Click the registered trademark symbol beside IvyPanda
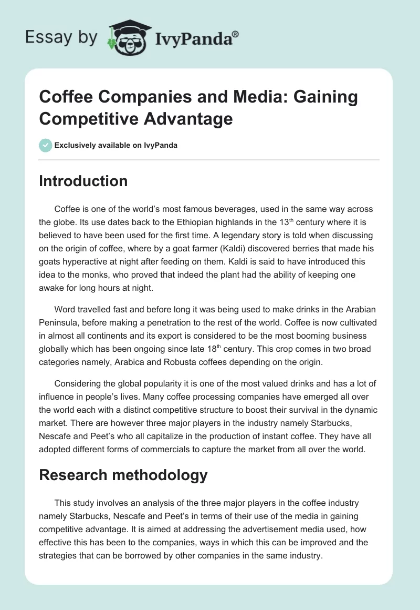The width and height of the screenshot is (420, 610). pyautogui.click(x=236, y=33)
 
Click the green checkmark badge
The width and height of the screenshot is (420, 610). pyautogui.click(x=46, y=145)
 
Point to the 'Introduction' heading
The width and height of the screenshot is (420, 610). pyautogui.click(x=83, y=181)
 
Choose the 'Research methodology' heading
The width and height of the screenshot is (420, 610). pyautogui.click(x=123, y=475)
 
